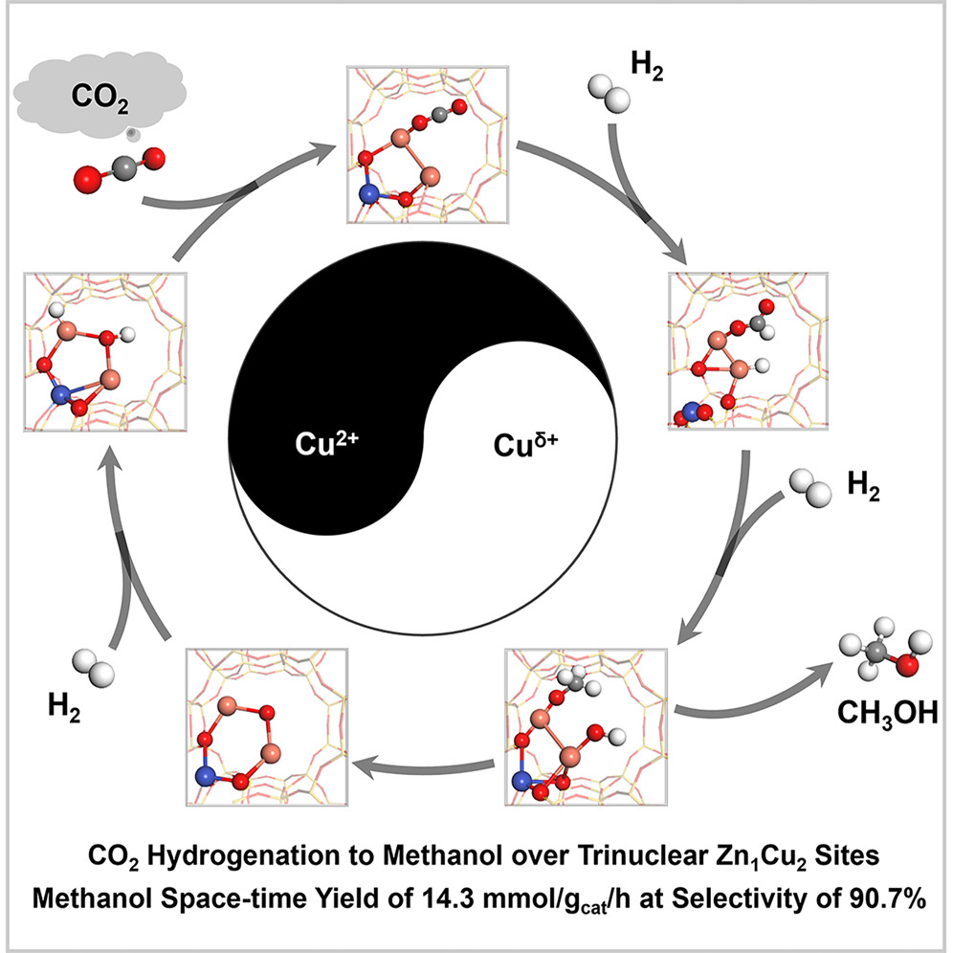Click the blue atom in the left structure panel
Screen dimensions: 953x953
59,392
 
